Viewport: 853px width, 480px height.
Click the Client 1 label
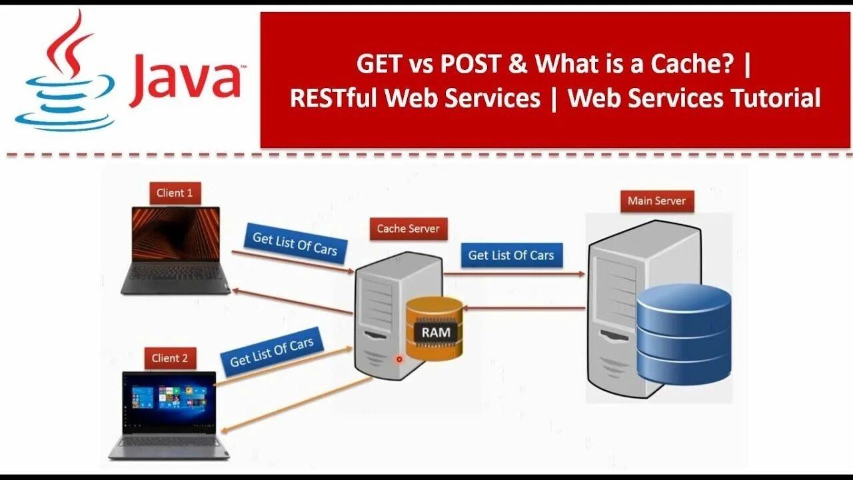click(175, 193)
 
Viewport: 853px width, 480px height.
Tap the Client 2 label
click(169, 358)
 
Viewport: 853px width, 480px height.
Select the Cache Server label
click(408, 229)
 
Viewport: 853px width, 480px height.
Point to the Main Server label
click(656, 201)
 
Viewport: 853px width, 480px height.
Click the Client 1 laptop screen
click(176, 234)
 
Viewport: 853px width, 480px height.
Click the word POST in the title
click(474, 64)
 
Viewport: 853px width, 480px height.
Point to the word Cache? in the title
click(697, 64)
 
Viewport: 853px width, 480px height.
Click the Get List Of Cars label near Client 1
click(295, 243)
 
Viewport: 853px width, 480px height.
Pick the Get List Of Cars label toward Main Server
click(510, 255)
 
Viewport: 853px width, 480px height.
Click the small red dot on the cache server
click(399, 359)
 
